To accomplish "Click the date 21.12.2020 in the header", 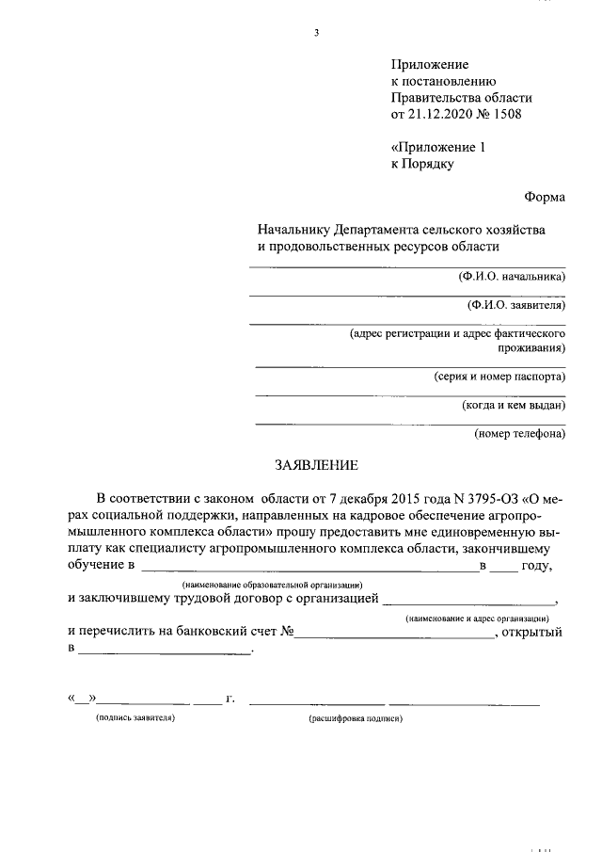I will (436, 115).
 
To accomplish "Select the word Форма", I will (545, 197).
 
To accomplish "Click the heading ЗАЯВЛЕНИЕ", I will (316, 464).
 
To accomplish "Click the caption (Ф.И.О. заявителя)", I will (515, 305).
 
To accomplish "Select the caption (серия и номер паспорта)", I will (499, 376).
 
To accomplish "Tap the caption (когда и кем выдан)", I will (513, 405).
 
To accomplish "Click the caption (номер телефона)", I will (519, 434).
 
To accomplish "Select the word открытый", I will (534, 632).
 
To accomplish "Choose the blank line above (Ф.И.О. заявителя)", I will (407, 296).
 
